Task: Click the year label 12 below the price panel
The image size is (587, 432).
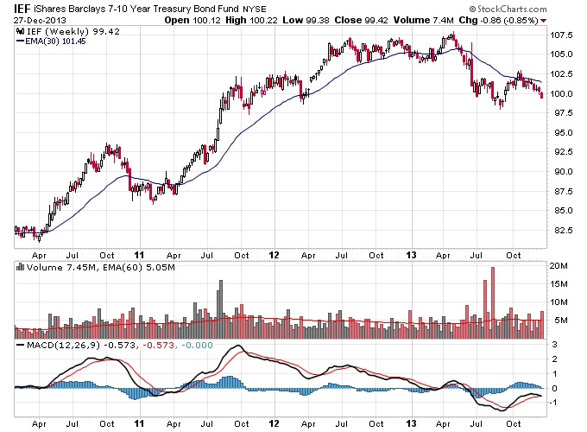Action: pos(274,255)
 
